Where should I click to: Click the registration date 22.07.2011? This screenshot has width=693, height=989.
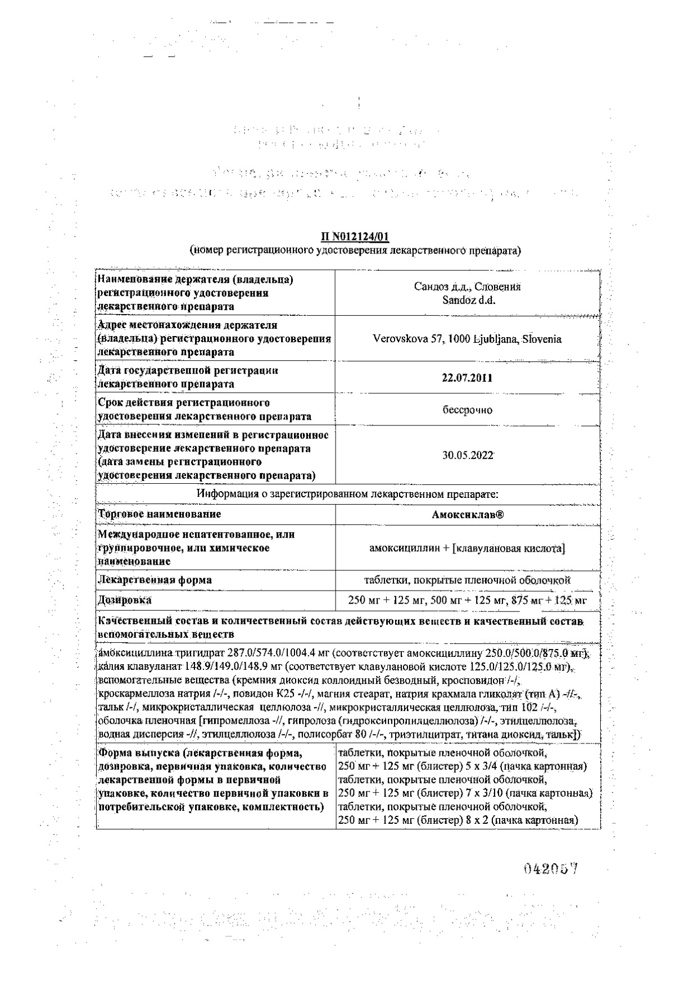(467, 378)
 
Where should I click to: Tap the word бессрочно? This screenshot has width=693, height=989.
(467, 410)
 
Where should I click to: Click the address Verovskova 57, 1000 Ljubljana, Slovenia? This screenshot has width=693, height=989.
(467, 339)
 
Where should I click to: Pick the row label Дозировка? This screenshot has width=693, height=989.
(125, 600)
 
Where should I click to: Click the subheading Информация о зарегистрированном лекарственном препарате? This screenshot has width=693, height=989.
(348, 494)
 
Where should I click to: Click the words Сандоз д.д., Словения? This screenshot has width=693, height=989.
(467, 287)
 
